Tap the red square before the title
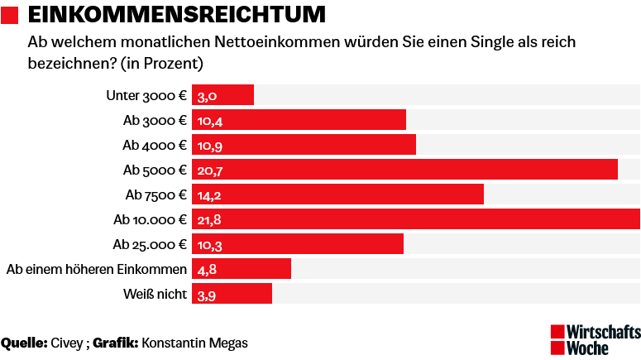point(10,15)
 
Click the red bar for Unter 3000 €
point(223,95)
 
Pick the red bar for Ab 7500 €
point(337,194)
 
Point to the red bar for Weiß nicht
point(232,294)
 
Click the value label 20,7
point(211,170)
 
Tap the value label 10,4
point(210,121)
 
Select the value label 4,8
point(207,270)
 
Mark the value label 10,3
point(210,245)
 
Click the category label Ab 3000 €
point(154,120)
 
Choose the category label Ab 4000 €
point(154,145)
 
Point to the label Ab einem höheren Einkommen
point(96,269)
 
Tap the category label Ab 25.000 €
point(149,244)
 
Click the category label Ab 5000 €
point(154,170)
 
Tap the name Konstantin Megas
point(195,343)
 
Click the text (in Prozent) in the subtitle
point(162,63)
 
